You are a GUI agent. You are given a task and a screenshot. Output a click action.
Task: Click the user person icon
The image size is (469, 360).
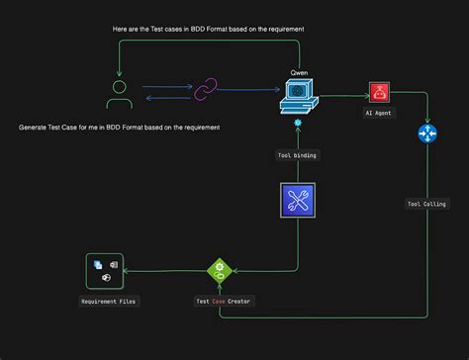pyautogui.click(x=120, y=94)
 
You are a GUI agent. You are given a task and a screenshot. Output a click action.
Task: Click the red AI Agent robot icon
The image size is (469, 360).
pyautogui.click(x=378, y=93)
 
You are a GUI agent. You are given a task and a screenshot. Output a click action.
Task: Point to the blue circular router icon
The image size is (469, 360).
pyautogui.click(x=427, y=134)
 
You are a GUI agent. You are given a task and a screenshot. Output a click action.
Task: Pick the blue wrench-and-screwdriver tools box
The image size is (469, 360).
pyautogui.click(x=297, y=201)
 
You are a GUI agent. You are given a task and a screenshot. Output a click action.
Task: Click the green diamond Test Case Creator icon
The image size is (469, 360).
pyautogui.click(x=218, y=270)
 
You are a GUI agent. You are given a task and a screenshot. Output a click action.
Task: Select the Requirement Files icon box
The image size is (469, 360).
pyautogui.click(x=106, y=270)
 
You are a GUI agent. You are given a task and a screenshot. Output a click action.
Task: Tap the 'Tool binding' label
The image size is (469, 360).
pyautogui.click(x=297, y=154)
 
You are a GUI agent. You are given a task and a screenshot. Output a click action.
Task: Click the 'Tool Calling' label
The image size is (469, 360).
pyautogui.click(x=426, y=205)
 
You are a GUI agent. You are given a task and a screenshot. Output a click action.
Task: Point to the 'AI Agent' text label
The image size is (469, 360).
pyautogui.click(x=378, y=114)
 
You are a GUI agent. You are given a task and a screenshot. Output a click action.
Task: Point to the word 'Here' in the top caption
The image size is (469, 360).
pyautogui.click(x=124, y=30)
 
